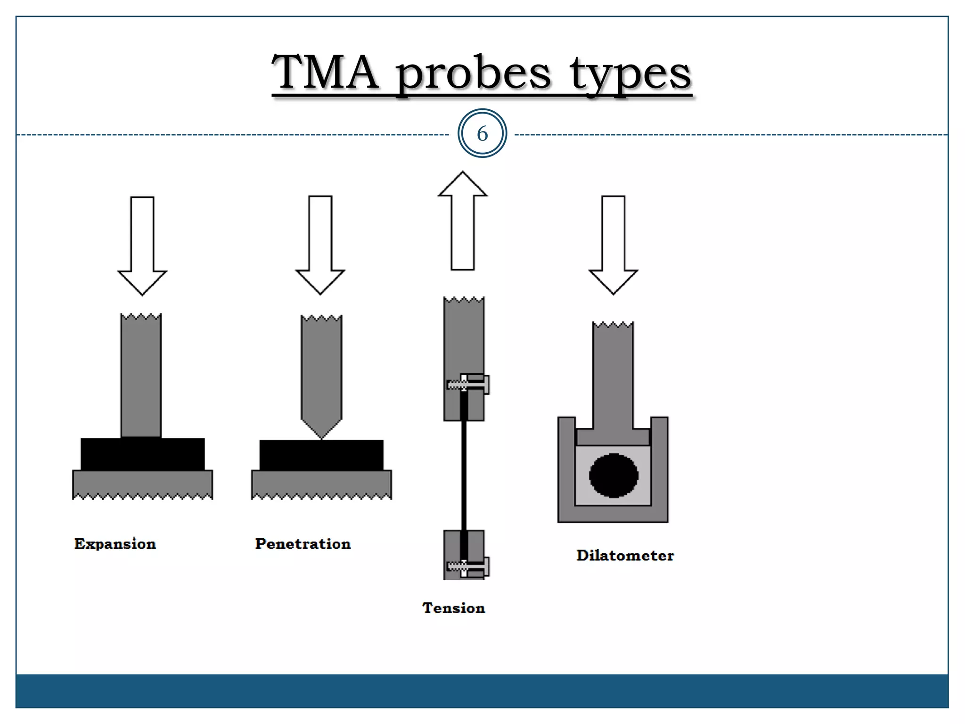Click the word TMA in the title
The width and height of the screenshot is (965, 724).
[325, 73]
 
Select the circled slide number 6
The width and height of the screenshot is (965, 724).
[482, 134]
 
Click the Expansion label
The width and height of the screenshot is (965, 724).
[115, 544]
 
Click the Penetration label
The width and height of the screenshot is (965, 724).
[303, 544]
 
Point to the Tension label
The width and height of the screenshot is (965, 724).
[453, 608]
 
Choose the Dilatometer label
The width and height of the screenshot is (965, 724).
[625, 555]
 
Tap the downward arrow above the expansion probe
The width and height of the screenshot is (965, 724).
[142, 245]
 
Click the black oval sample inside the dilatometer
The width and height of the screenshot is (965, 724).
[613, 476]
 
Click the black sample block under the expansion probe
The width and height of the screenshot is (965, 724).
[142, 454]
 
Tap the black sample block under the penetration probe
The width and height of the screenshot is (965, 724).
[321, 455]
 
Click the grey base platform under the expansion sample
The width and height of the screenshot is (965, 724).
[142, 484]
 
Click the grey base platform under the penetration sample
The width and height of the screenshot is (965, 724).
[321, 484]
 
